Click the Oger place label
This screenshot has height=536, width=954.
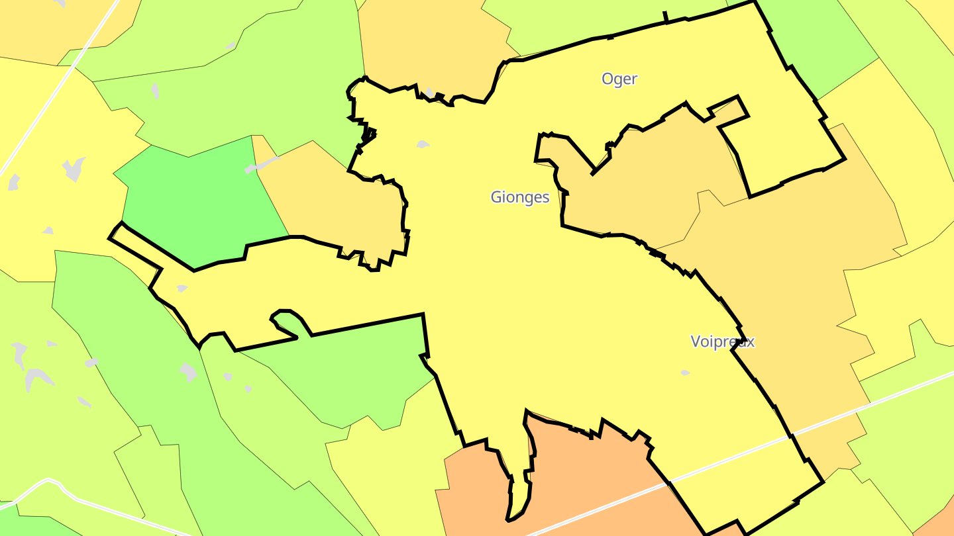(619, 79)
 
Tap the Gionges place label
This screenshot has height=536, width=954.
(520, 197)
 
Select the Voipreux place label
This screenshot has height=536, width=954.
(722, 341)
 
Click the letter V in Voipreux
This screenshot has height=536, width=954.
(696, 341)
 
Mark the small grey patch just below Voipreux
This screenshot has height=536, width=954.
(685, 373)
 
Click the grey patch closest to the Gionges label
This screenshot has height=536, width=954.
(423, 144)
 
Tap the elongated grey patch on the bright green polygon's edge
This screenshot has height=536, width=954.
(262, 165)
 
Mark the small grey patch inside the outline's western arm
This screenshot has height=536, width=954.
(182, 289)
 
